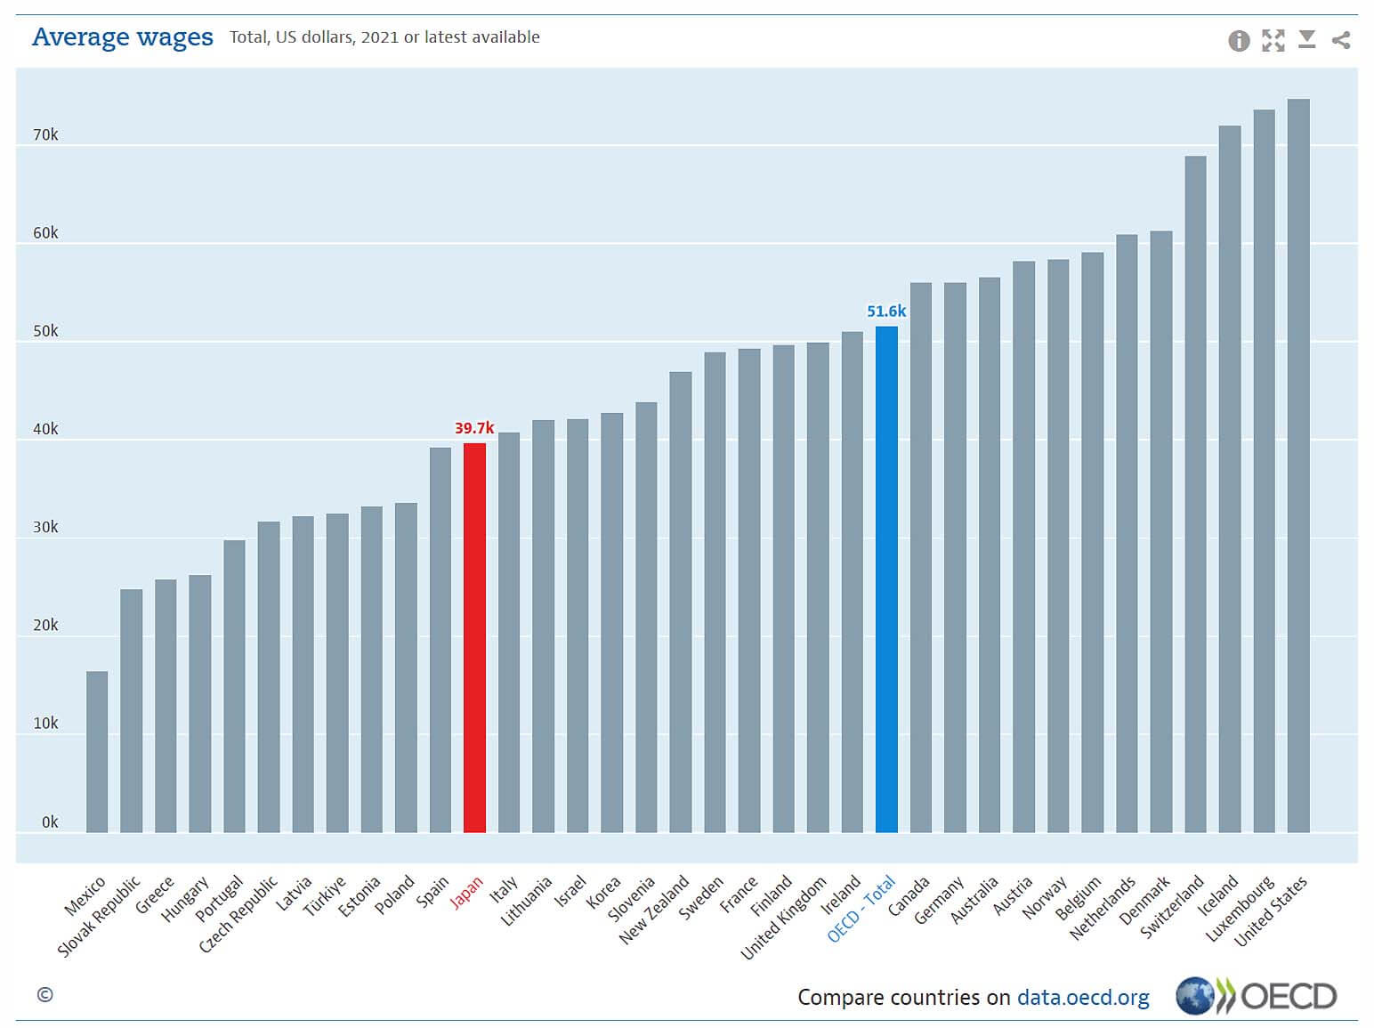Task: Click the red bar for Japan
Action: (x=474, y=637)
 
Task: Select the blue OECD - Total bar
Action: (x=886, y=579)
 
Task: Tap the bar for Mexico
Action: (x=97, y=752)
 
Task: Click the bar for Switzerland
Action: (x=1195, y=494)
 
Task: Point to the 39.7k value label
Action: (x=474, y=428)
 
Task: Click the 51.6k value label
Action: (x=886, y=312)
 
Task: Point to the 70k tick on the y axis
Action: (x=45, y=135)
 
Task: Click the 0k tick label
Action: (x=50, y=822)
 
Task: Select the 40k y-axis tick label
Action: (x=45, y=429)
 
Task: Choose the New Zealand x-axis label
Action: (x=654, y=910)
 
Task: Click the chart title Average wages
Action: (x=123, y=37)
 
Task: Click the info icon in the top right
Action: (x=1239, y=41)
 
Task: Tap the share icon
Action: (x=1341, y=40)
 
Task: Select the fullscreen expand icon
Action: (x=1273, y=41)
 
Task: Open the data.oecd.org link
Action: (x=1083, y=998)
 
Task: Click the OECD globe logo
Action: (x=1194, y=996)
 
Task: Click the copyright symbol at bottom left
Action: (x=45, y=995)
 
